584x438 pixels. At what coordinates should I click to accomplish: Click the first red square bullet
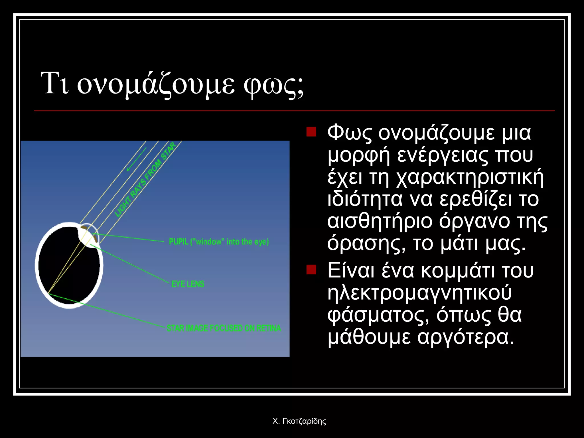311,132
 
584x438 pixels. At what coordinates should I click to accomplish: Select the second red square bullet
311,269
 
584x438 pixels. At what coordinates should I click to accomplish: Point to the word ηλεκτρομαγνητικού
419,293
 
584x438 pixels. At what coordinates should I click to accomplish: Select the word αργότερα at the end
466,337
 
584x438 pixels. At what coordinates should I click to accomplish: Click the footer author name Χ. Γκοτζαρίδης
299,421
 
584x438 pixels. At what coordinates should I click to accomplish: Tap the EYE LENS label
188,284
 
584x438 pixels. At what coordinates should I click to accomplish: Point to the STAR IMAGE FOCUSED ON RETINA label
224,328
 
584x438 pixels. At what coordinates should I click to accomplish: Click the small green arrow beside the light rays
136,159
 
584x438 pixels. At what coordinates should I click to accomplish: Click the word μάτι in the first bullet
459,244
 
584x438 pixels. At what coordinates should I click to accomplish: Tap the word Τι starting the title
55,84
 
